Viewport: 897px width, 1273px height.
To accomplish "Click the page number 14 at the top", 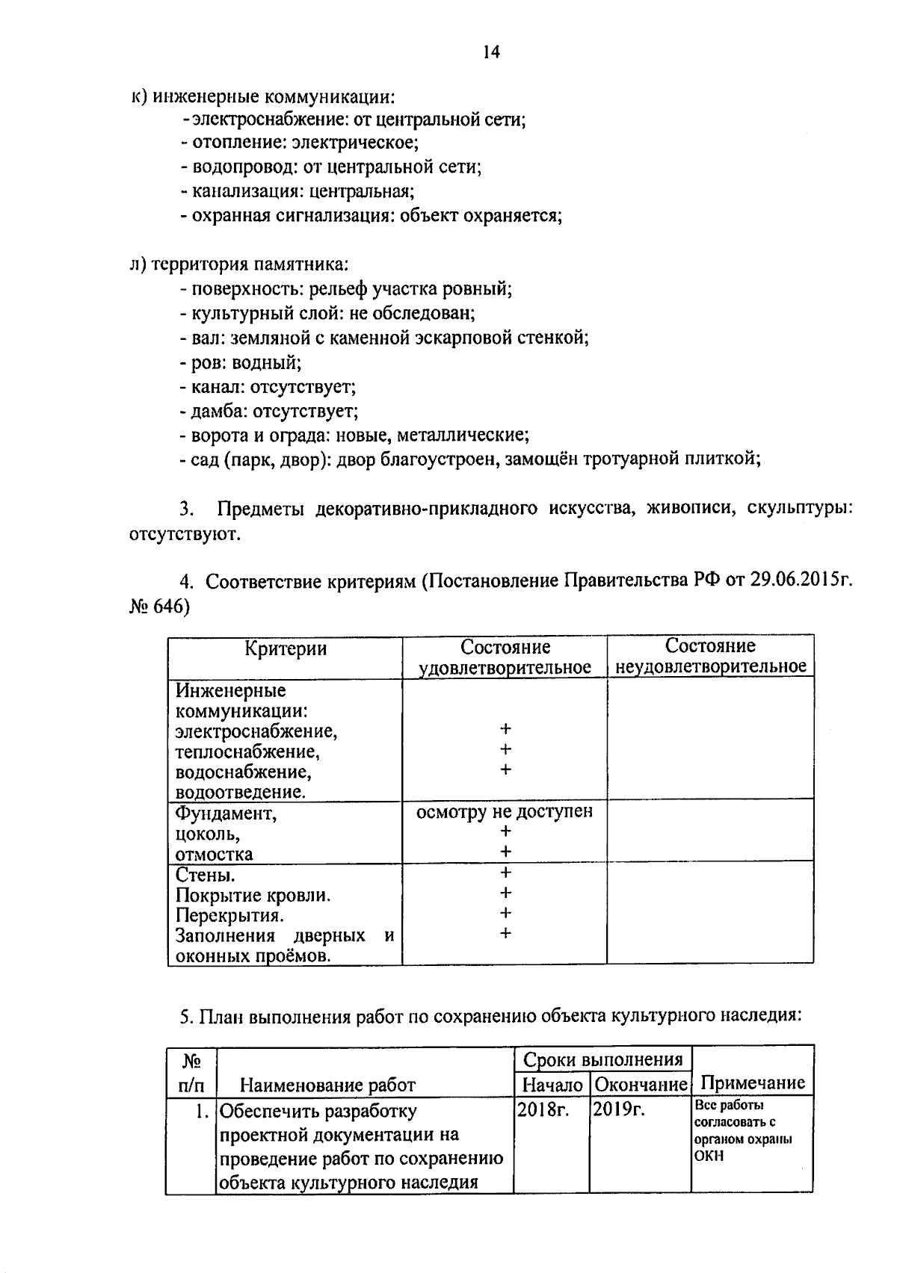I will click(491, 52).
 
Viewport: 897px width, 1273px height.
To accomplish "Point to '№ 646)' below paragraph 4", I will click(159, 607).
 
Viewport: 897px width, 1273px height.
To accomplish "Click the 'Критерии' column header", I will click(286, 648).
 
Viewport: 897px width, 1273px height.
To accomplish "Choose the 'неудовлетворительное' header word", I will click(710, 666).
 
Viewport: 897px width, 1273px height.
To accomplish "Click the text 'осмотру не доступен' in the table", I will click(505, 811).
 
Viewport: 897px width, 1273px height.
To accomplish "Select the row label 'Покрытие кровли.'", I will click(253, 895).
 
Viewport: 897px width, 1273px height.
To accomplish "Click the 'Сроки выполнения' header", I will click(602, 1059).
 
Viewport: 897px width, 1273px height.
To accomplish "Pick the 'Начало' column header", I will click(552, 1084).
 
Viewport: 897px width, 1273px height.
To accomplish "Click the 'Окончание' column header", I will click(641, 1084).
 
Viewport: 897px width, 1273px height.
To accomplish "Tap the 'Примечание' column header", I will click(752, 1082).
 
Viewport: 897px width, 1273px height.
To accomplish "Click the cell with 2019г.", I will click(617, 1111).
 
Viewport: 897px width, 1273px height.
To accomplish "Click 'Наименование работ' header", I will click(327, 1085).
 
